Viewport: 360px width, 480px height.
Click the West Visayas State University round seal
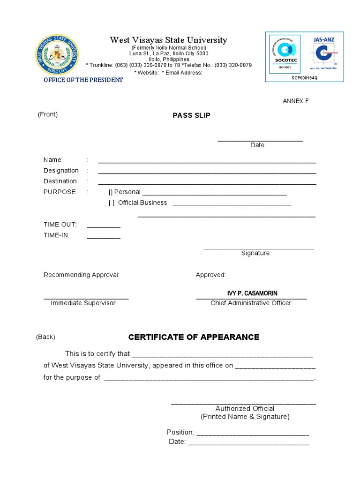pyautogui.click(x=57, y=55)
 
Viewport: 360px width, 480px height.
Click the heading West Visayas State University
pyautogui.click(x=168, y=40)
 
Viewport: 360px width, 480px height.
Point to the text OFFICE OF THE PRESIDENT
pyautogui.click(x=83, y=80)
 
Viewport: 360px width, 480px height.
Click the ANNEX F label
pyautogui.click(x=295, y=101)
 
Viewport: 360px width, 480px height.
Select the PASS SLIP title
pyautogui.click(x=191, y=116)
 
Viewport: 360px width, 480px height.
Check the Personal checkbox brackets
pyautogui.click(x=111, y=192)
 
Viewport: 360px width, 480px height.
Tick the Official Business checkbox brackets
pyautogui.click(x=111, y=203)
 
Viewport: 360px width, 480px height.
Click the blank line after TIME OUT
pyautogui.click(x=104, y=226)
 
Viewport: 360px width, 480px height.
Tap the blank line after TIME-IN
pyautogui.click(x=104, y=237)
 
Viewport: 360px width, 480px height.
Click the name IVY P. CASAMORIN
pyautogui.click(x=252, y=293)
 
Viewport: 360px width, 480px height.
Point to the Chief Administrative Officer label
pyautogui.click(x=251, y=303)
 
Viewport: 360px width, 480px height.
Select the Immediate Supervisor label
pyautogui.click(x=83, y=303)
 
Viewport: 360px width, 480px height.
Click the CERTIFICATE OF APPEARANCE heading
pyautogui.click(x=194, y=337)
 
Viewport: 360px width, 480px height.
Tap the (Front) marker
pyautogui.click(x=48, y=114)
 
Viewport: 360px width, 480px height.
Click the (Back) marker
pyautogui.click(x=45, y=337)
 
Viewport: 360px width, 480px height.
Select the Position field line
pyautogui.click(x=252, y=434)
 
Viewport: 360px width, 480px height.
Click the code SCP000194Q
pyautogui.click(x=304, y=78)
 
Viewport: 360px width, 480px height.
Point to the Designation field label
pyautogui.click(x=61, y=171)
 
